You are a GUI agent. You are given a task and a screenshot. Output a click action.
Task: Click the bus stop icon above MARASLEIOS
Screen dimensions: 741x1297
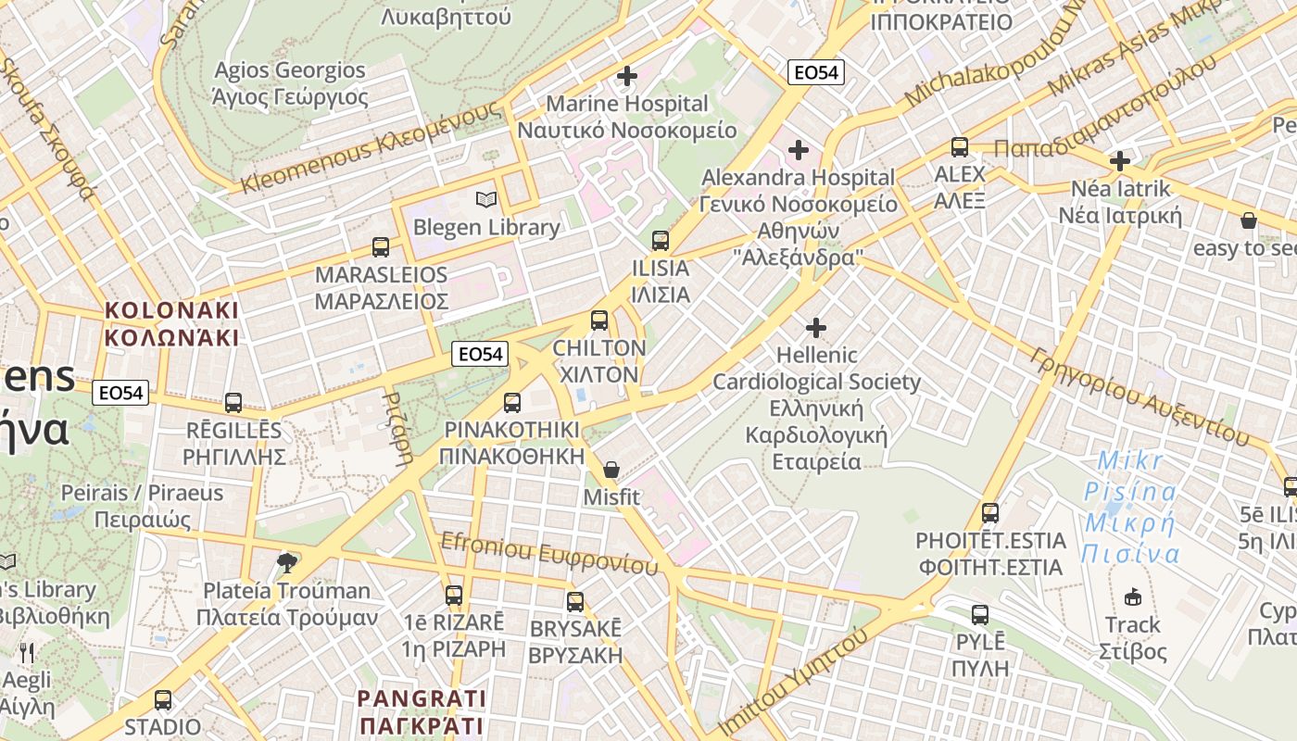pyautogui.click(x=381, y=247)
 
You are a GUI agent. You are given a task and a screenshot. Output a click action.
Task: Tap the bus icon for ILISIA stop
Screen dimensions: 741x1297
pyautogui.click(x=661, y=241)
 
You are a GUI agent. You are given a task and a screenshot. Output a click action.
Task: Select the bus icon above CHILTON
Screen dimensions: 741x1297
pyautogui.click(x=599, y=321)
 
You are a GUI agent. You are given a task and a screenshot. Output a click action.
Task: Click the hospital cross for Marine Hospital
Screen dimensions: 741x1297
pyautogui.click(x=627, y=76)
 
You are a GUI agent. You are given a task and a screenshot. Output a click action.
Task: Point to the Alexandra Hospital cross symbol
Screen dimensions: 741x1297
pyautogui.click(x=798, y=149)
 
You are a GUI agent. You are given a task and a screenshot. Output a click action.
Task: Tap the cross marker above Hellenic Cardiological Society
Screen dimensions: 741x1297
pyautogui.click(x=816, y=328)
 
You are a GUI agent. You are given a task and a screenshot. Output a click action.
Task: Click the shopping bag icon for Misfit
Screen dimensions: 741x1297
pyautogui.click(x=611, y=471)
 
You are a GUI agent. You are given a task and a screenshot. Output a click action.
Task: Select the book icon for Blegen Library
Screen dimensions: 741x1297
pyautogui.click(x=486, y=199)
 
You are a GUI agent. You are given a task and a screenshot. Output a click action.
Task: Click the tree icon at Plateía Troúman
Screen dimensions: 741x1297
pyautogui.click(x=288, y=562)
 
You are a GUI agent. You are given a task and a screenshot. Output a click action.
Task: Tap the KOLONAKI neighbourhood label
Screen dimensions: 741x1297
pyautogui.click(x=171, y=323)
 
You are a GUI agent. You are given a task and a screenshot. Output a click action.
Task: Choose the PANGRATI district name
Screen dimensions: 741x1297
pyautogui.click(x=422, y=710)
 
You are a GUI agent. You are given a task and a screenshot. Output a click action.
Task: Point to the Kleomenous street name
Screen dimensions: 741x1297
pyautogui.click(x=371, y=148)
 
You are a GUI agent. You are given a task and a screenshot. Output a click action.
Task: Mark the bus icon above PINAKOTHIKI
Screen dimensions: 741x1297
pyautogui.click(x=512, y=403)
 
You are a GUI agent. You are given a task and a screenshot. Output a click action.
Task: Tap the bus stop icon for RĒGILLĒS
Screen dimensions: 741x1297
pyautogui.click(x=233, y=403)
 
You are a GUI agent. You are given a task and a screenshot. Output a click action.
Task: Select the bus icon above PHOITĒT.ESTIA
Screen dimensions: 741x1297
pyautogui.click(x=990, y=512)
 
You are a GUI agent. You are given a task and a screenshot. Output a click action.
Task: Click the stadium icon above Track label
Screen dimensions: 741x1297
pyautogui.click(x=1132, y=597)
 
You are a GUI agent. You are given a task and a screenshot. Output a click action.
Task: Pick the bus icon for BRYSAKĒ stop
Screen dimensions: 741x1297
pyautogui.click(x=575, y=602)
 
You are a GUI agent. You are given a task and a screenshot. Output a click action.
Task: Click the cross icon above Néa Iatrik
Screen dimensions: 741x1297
pyautogui.click(x=1120, y=161)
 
